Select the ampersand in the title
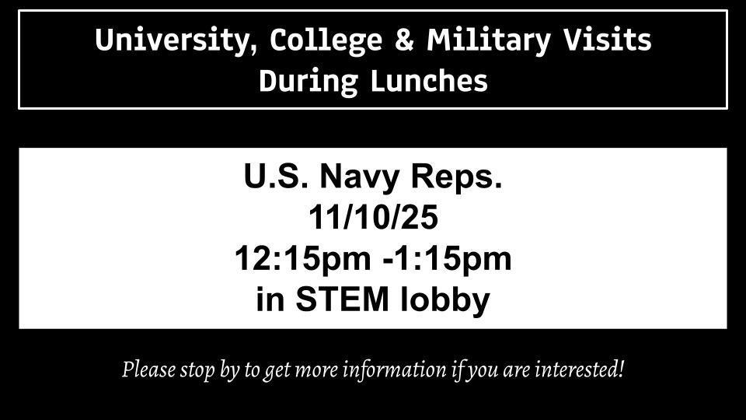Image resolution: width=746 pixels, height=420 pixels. pos(404,40)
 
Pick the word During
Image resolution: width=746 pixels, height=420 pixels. pos(309,82)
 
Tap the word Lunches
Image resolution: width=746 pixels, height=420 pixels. pos(429,80)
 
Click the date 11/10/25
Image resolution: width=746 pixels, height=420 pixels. pos(374,217)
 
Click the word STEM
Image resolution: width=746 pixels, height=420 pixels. pos(342,299)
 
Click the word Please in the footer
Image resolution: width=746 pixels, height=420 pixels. pos(148,370)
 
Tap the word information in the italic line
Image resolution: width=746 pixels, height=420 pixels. pos(395,370)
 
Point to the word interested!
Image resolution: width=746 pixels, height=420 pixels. pos(579,369)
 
